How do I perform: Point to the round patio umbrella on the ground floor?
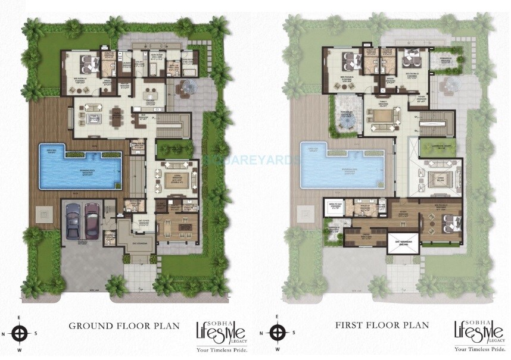click(x=190, y=87)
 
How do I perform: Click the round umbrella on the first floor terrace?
click(x=345, y=123)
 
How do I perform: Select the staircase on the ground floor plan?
click(x=176, y=124)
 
